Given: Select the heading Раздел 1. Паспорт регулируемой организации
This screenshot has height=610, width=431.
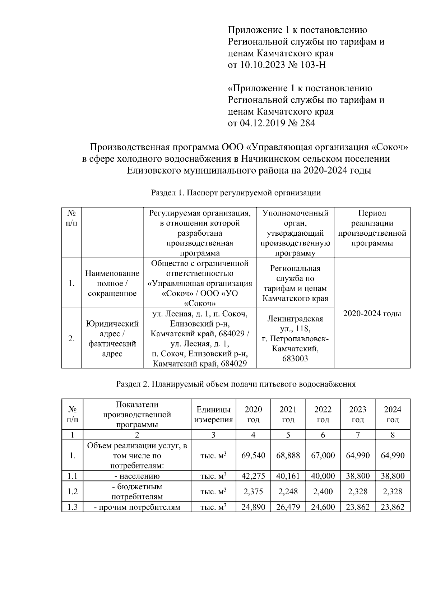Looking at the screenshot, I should [x=236, y=193].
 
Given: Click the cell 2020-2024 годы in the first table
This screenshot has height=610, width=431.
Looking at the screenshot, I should [x=372, y=313].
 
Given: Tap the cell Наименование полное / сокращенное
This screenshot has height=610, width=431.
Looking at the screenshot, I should [x=112, y=283].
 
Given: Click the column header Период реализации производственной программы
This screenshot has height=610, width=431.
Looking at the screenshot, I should [x=372, y=228].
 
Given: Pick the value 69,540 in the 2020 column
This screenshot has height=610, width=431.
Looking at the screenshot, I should [x=253, y=456].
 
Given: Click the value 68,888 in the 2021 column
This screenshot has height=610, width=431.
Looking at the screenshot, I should [x=288, y=456].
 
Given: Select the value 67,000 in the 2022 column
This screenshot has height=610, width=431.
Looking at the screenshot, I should [x=323, y=456].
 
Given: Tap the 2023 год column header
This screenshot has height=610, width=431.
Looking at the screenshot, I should [x=358, y=414].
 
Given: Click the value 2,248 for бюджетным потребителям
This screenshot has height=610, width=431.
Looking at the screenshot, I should [x=288, y=491].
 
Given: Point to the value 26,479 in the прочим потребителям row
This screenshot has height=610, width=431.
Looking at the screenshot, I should [x=288, y=507].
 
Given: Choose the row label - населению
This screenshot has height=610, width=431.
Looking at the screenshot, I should [x=137, y=476].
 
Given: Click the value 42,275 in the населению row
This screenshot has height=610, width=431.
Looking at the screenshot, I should [x=253, y=476].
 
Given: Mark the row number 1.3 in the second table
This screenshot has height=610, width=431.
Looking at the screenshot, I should [x=72, y=507].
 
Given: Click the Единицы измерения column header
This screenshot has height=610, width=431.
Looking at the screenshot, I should [x=213, y=414].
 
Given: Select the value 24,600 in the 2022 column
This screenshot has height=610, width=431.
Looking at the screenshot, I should [x=323, y=507].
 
